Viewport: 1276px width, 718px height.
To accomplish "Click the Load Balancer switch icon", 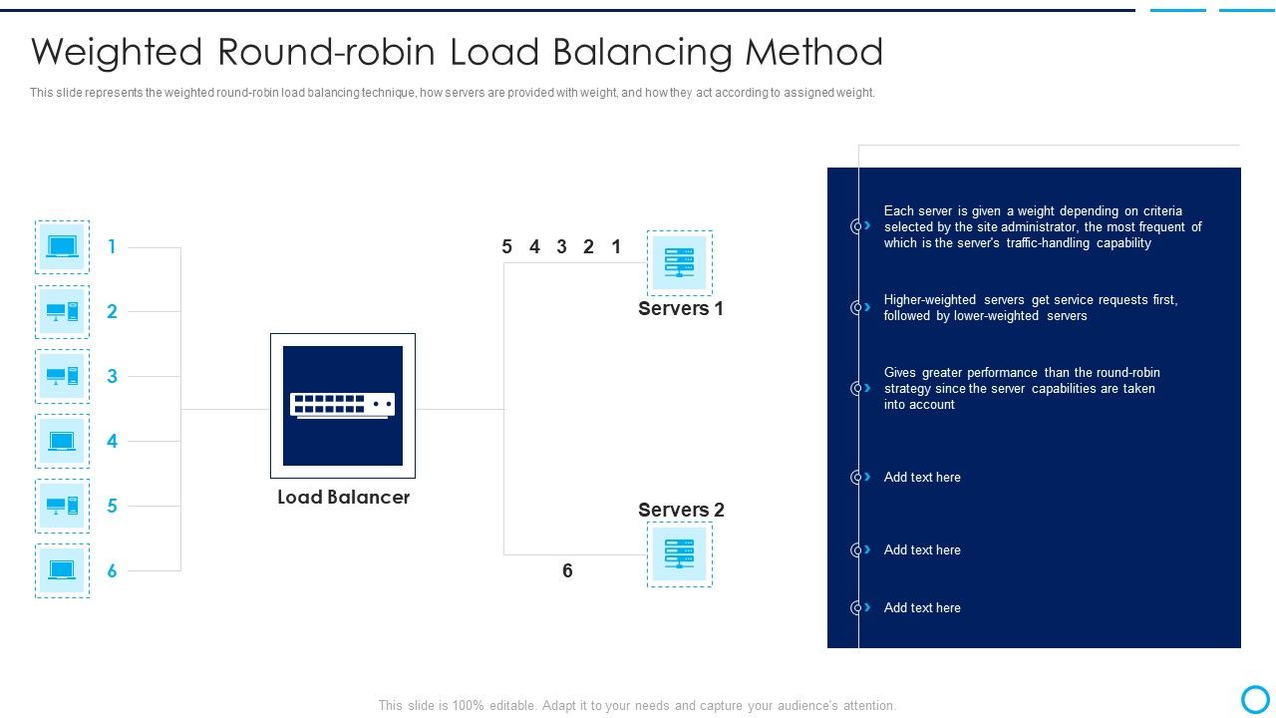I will [342, 405].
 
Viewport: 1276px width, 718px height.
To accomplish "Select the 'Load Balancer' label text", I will [343, 497].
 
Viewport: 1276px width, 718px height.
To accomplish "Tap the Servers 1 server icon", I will [679, 263].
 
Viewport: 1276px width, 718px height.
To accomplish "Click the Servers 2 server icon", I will [679, 554].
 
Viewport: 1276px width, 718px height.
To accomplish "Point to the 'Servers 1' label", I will [681, 308].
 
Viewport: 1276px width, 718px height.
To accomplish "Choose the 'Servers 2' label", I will [681, 510].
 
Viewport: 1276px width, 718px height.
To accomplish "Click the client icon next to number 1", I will [62, 247].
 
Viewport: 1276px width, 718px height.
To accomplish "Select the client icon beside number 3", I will [62, 377].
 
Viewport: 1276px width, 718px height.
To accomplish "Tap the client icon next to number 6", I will [62, 570].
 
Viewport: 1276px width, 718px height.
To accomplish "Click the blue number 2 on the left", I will [113, 311].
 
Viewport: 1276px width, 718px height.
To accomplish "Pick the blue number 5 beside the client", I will [113, 506].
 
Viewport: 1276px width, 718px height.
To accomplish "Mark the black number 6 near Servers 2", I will [567, 570].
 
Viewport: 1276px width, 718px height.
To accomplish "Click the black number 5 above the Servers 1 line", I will [506, 246].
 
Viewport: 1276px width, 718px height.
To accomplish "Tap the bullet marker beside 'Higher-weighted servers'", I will [858, 307].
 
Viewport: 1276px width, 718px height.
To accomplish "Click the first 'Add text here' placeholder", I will [922, 477].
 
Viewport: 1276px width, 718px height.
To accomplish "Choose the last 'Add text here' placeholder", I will [922, 607].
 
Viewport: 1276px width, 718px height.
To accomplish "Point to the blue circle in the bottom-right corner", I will [1255, 698].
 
